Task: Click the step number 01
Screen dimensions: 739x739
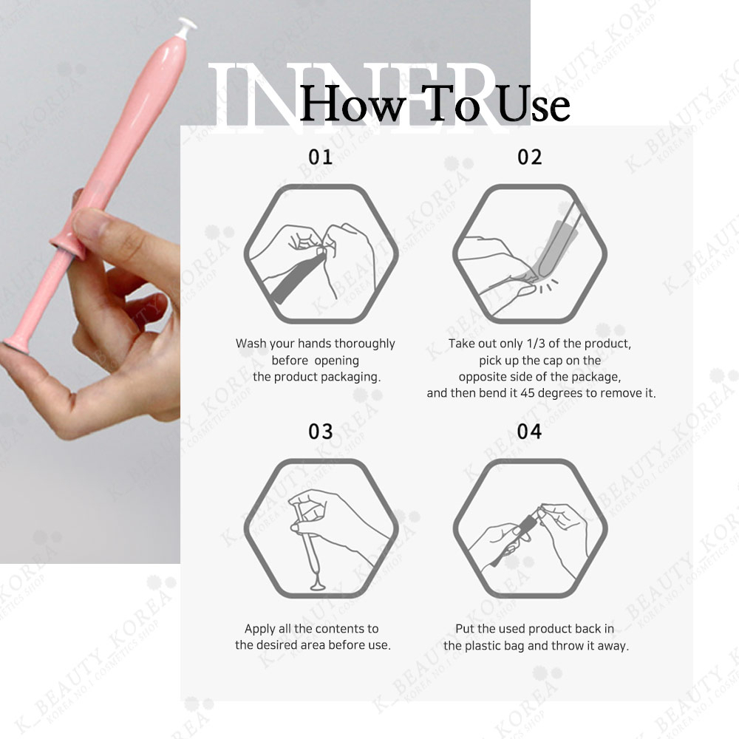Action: coord(321,157)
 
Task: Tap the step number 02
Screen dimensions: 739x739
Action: coord(529,157)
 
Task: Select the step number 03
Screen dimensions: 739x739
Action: coord(321,432)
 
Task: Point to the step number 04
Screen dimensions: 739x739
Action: coord(529,432)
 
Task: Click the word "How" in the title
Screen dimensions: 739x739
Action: coord(352,103)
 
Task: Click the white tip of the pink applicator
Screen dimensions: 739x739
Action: coord(186,27)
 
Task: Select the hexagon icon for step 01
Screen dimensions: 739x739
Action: coord(321,253)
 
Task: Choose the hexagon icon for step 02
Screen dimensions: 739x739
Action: coord(530,253)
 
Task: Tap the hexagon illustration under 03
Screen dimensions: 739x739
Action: coord(321,528)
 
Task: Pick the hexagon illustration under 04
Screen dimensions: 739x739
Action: coord(530,528)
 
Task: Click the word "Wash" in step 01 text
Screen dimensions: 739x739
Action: coord(251,343)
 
